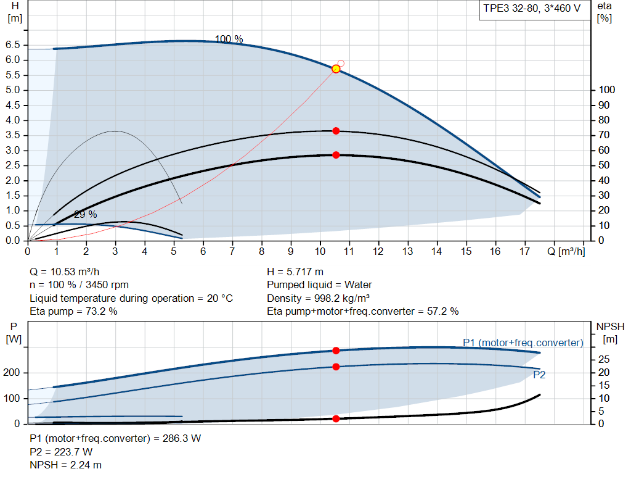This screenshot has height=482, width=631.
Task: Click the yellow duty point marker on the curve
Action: pos(336,69)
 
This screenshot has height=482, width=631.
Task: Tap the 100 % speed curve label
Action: pos(229,39)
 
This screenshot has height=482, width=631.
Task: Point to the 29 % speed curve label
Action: pos(86,215)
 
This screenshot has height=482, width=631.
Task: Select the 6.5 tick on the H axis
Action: pos(13,45)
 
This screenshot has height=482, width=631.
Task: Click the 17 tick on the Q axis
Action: pos(524,252)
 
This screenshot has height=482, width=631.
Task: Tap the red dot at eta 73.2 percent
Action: pos(336,131)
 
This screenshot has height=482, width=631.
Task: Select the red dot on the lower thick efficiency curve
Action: pos(336,155)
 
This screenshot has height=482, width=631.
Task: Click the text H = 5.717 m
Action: pos(295,272)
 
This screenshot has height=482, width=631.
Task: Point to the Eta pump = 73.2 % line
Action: pos(74,311)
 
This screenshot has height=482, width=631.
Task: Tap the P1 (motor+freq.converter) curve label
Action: pos(523,343)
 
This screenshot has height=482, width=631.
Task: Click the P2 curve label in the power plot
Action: pos(539,375)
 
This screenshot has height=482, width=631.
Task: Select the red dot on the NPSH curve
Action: pos(336,418)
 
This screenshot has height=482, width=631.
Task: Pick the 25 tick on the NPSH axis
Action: pos(605,359)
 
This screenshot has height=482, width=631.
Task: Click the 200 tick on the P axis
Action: pos(14,373)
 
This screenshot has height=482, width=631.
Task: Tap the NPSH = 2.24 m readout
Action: pos(66,465)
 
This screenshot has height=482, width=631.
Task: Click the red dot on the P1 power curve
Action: pos(336,351)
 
